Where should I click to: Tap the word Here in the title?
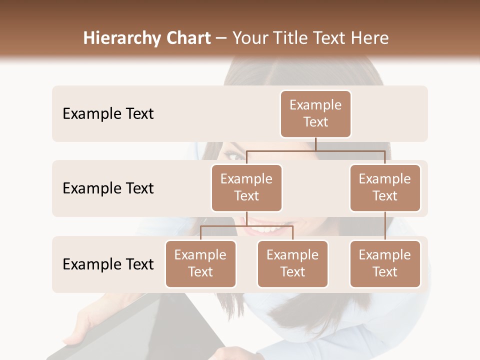click(370, 38)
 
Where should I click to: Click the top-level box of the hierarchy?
click(315, 114)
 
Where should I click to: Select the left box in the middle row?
click(246, 188)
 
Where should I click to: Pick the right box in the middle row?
click(385, 188)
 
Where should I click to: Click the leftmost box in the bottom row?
click(200, 264)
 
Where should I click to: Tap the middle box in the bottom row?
click(292, 264)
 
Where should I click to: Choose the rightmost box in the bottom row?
click(385, 264)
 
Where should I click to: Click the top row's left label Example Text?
click(108, 114)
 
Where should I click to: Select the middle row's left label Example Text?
click(108, 188)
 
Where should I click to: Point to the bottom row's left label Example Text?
click(108, 264)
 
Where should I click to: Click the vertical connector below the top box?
click(315, 144)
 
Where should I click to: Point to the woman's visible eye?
click(235, 156)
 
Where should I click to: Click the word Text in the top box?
click(315, 122)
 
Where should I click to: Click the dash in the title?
click(221, 38)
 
